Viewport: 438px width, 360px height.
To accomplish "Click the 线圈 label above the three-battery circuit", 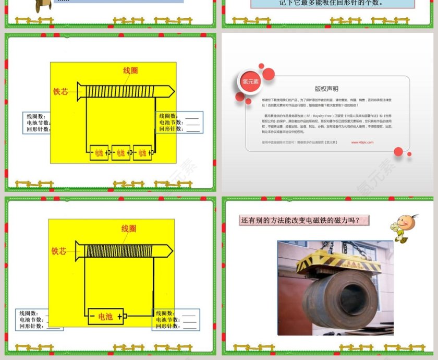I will click(x=131, y=70).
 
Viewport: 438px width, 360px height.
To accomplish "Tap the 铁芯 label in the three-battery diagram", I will click(x=60, y=91).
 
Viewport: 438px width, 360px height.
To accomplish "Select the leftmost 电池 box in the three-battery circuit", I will click(x=99, y=152).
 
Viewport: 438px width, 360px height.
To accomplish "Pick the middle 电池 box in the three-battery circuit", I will click(x=120, y=152).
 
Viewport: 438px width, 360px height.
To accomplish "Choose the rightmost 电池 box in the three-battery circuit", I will click(x=142, y=152).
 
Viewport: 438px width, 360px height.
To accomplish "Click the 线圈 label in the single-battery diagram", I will click(x=129, y=229).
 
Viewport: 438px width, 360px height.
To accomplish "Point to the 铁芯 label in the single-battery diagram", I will click(x=59, y=251).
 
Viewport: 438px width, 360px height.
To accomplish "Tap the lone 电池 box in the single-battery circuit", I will click(x=105, y=316).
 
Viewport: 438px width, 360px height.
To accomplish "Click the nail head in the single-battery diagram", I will click(x=78, y=250).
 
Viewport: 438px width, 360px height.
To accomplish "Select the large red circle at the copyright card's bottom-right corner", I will click(x=398, y=151).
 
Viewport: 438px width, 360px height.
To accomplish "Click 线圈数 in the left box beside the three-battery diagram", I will click(x=36, y=116).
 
